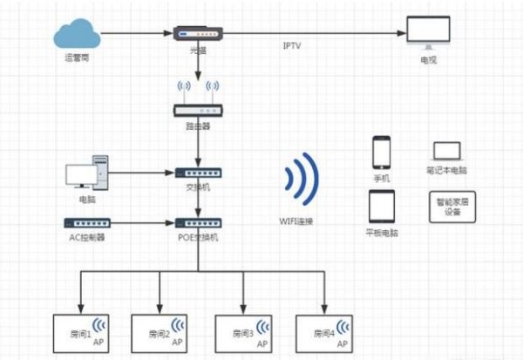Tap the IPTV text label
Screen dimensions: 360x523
coord(292,45)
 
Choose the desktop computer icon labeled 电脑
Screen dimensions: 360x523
coord(87,172)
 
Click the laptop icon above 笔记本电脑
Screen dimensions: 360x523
coord(446,151)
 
